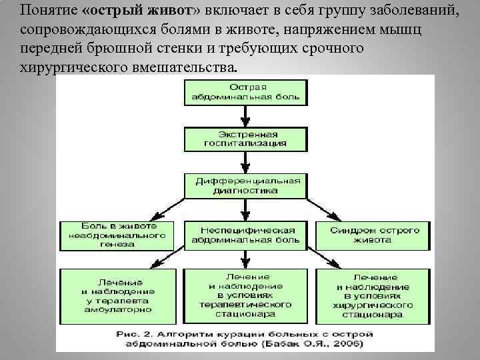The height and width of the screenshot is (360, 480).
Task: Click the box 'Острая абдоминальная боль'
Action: click(x=246, y=93)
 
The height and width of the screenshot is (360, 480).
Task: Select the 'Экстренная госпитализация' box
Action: click(x=246, y=138)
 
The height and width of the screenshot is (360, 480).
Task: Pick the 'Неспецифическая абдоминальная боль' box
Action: click(x=246, y=235)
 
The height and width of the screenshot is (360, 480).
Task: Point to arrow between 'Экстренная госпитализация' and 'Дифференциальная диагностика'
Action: click(x=246, y=161)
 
